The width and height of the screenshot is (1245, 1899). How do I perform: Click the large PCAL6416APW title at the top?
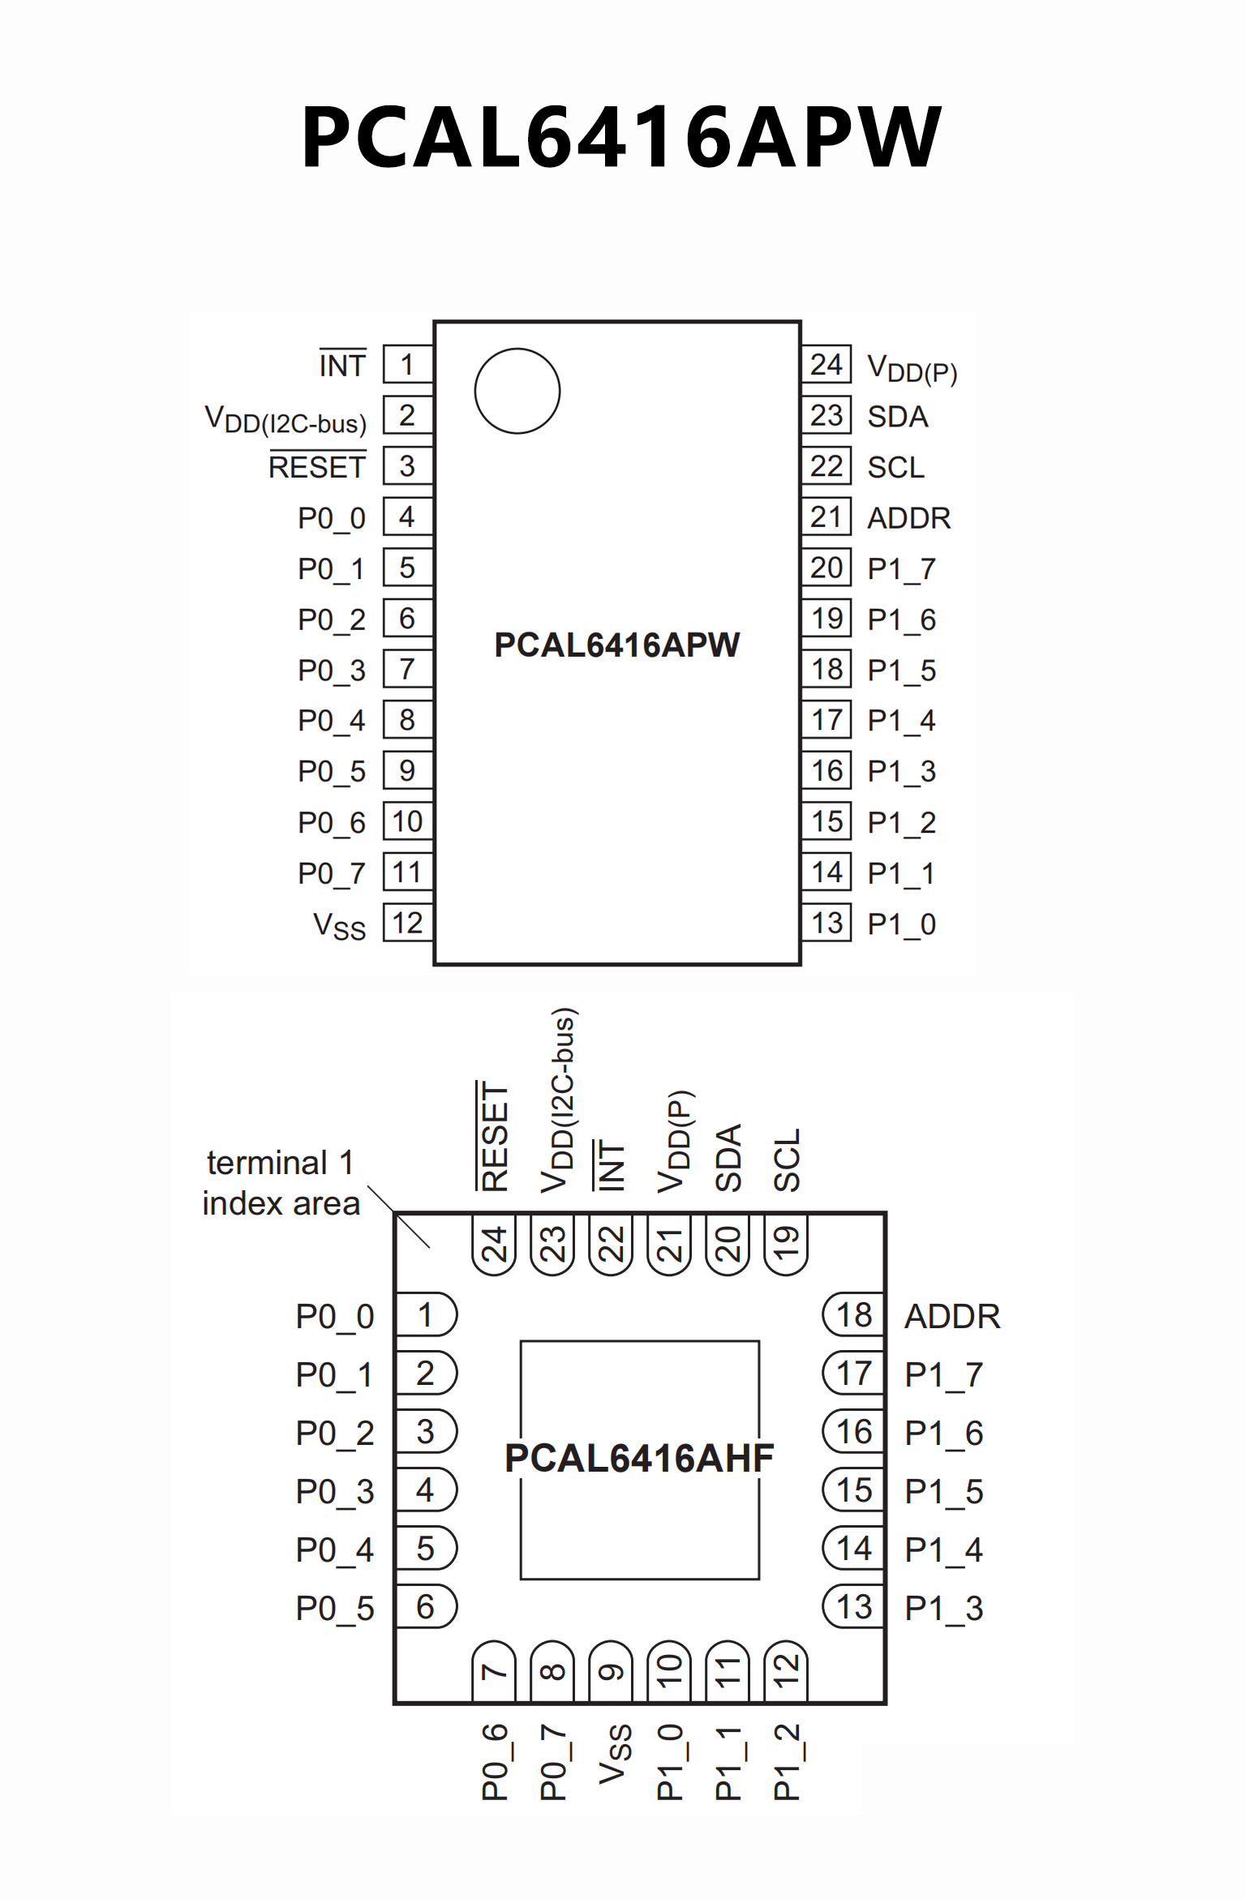[x=621, y=136]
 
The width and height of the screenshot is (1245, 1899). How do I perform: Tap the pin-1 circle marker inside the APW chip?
[x=517, y=391]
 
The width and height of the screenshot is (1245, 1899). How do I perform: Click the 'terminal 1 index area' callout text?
[x=280, y=1183]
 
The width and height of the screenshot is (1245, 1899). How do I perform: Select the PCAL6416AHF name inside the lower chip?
[x=639, y=1458]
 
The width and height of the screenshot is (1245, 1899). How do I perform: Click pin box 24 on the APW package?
[x=826, y=365]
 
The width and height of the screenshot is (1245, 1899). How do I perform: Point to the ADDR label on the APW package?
[x=908, y=518]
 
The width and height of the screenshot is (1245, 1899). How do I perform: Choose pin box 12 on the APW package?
[x=407, y=923]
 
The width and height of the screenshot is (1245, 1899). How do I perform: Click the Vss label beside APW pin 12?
[x=340, y=926]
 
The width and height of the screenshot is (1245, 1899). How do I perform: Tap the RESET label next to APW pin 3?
[x=317, y=467]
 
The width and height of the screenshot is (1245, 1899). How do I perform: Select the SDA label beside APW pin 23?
[x=897, y=417]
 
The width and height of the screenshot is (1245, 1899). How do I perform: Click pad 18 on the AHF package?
[x=854, y=1315]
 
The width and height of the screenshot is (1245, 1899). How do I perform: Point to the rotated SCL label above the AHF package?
[x=787, y=1160]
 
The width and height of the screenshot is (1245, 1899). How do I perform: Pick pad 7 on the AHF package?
[x=494, y=1671]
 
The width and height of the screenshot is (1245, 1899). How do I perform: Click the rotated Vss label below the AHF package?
[x=615, y=1755]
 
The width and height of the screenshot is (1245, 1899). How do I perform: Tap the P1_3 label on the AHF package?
[x=943, y=1608]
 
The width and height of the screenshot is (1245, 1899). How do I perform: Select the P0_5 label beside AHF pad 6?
[x=335, y=1609]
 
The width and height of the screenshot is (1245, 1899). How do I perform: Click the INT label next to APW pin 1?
[x=342, y=366]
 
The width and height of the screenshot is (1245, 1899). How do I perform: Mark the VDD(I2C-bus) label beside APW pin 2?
[x=285, y=419]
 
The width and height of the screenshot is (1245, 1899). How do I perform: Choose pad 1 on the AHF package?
[x=426, y=1315]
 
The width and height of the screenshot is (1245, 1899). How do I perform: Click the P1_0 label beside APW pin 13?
[x=901, y=924]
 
